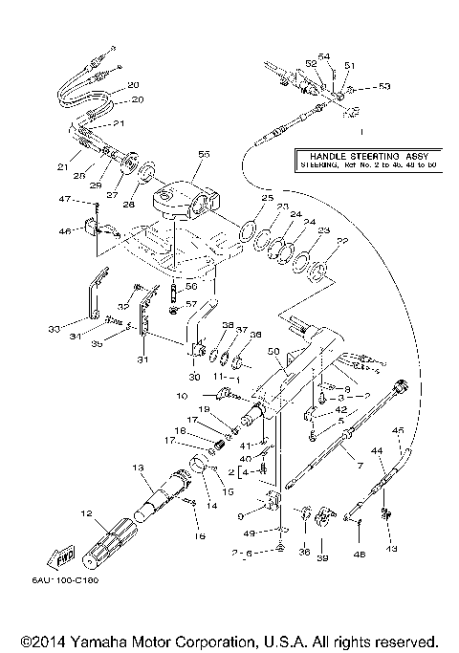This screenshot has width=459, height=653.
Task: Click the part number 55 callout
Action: click(x=202, y=154)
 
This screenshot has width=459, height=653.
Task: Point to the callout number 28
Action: click(x=128, y=204)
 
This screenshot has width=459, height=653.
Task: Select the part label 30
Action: click(x=194, y=378)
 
